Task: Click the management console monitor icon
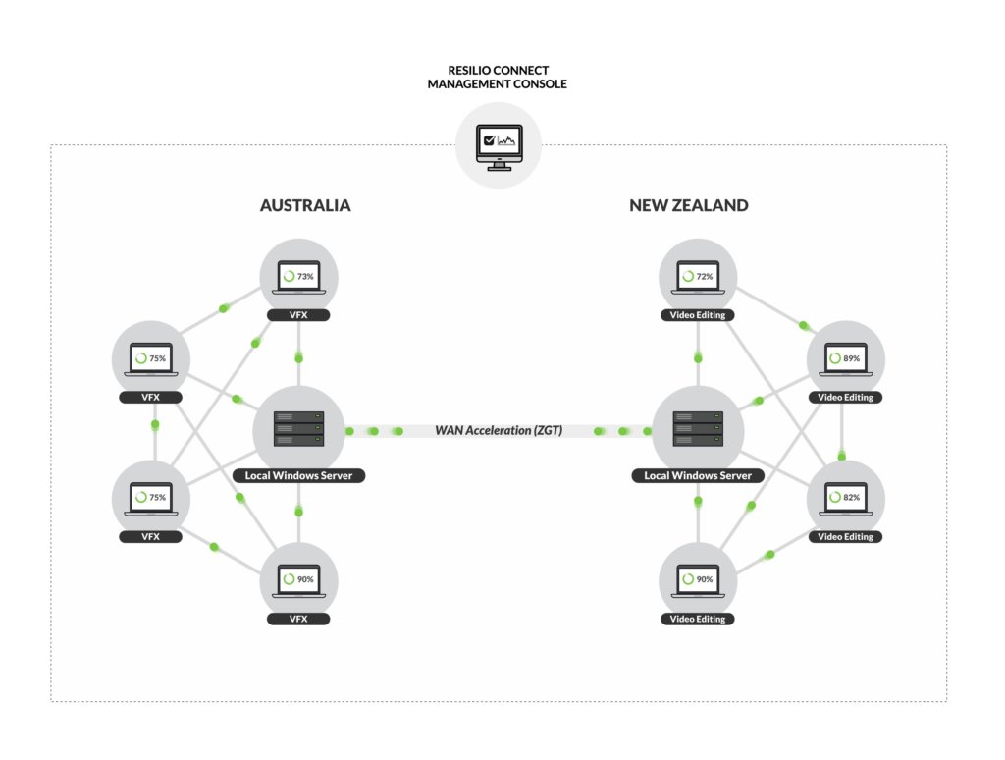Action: tap(499, 147)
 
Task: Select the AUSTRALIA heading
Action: tap(304, 206)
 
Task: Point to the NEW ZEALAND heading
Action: tap(688, 206)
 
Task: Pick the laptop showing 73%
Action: tap(298, 277)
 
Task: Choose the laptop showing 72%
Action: tap(697, 277)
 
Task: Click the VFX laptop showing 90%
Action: tap(298, 580)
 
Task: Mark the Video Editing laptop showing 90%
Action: tap(697, 580)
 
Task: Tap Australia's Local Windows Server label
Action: tap(298, 476)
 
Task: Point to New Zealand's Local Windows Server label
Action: tap(697, 476)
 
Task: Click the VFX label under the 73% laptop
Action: tap(298, 315)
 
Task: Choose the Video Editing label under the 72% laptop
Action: tap(697, 315)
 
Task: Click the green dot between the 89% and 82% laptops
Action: tap(842, 455)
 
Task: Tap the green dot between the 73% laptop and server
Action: tap(299, 357)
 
